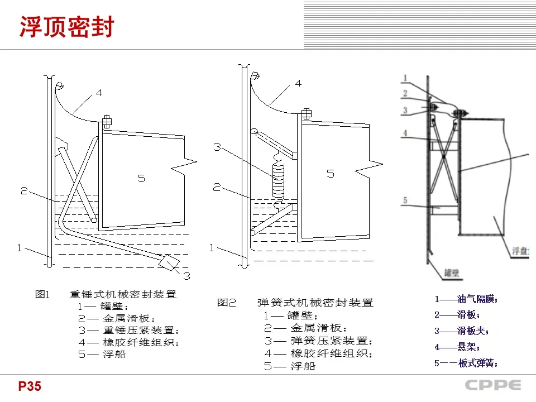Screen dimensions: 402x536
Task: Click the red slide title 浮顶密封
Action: tap(66, 27)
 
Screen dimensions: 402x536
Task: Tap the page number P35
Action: tap(29, 386)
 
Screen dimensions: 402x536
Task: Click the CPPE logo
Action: tap(493, 386)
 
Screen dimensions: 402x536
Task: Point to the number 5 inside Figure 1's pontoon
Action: tap(141, 178)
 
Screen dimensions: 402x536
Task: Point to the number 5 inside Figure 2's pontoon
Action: tap(331, 174)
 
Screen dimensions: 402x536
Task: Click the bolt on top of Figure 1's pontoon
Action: tap(107, 121)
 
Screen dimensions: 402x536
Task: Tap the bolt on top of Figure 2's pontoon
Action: tap(305, 114)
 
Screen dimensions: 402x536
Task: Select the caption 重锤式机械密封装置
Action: tap(123, 294)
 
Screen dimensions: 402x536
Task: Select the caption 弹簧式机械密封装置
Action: tap(315, 303)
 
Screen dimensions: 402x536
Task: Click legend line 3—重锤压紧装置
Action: tap(128, 330)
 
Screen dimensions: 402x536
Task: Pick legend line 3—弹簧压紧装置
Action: tap(318, 341)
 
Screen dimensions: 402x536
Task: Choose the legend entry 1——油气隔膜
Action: tap(466, 299)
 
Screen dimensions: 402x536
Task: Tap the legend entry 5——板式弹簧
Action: tap(466, 363)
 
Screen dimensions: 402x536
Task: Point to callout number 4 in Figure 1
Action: tap(99, 93)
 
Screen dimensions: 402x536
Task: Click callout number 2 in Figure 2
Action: tap(217, 188)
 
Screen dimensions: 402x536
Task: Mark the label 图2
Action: tap(227, 303)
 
